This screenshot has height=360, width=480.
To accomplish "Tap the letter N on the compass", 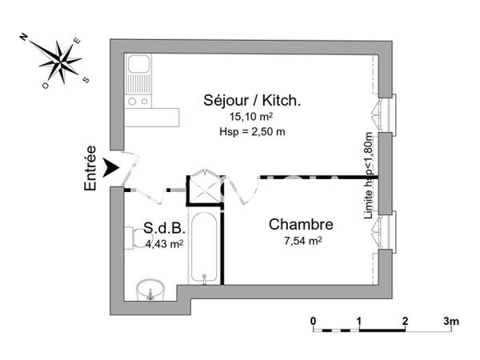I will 25,37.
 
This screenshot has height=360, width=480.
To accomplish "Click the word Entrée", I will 90,168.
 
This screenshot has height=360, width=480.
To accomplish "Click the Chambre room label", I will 300,224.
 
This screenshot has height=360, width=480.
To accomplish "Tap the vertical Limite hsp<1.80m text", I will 369,177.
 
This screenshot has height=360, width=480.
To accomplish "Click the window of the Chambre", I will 388,230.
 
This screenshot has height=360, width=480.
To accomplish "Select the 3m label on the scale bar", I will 451,321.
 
